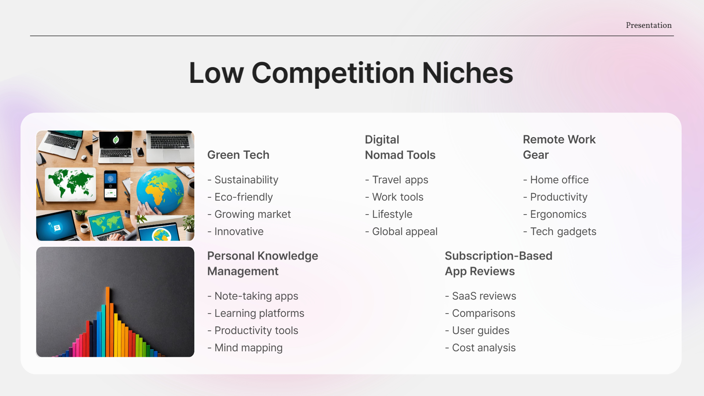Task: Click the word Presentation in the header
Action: coord(649,25)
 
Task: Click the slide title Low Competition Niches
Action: coord(351,73)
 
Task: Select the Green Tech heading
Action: coord(238,155)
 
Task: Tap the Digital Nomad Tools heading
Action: coord(400,147)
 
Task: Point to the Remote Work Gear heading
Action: coord(559,147)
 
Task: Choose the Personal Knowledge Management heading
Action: coord(263,264)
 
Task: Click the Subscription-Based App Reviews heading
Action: coord(498,264)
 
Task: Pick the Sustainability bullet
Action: coord(246,180)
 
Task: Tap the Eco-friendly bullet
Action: coord(243,197)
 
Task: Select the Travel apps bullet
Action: coord(400,180)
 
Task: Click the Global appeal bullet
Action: coord(405,231)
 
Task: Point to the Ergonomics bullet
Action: coord(558,214)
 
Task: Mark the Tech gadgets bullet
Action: coord(563,231)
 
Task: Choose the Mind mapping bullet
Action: coord(248,348)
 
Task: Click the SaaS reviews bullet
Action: coord(484,296)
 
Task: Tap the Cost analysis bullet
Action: coord(484,348)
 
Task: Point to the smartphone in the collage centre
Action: coord(111,185)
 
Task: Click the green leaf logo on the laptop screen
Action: coord(116,139)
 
